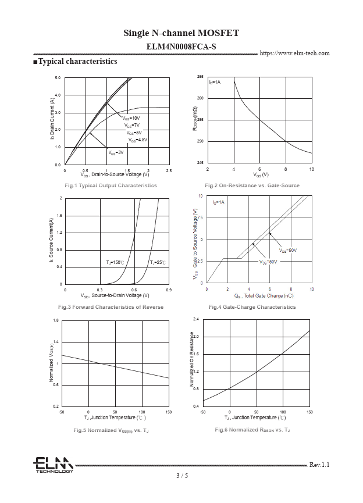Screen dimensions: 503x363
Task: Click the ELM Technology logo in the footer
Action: point(53,465)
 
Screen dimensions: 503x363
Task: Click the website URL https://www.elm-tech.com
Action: point(294,53)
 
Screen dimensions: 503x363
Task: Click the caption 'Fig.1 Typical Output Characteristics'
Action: point(111,185)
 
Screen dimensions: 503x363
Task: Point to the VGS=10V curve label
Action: point(131,118)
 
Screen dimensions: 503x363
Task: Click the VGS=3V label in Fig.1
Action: point(116,152)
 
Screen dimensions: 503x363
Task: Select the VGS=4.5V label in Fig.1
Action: point(138,140)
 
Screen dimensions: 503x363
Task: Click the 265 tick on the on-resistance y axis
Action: point(200,77)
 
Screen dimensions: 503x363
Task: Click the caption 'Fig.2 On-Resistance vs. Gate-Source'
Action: point(252,185)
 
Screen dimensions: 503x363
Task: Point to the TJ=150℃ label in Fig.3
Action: point(115,263)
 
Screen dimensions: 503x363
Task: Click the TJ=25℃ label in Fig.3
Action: point(158,263)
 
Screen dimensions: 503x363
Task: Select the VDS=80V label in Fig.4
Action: point(287,251)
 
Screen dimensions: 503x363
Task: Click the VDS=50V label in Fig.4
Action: point(268,262)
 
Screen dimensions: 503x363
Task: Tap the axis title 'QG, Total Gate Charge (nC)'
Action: point(259,296)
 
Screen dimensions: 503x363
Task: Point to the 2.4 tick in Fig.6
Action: point(196,320)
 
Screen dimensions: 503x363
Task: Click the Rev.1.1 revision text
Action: point(319,465)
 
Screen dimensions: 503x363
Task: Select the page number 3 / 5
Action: point(181,476)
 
